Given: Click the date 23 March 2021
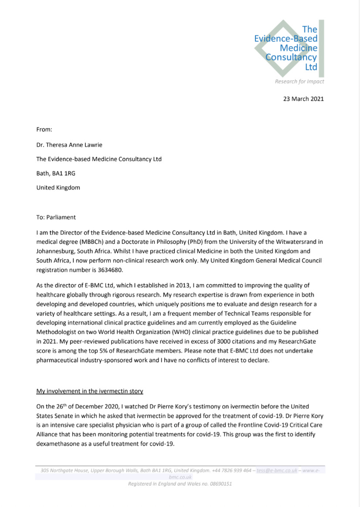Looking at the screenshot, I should click(303, 99).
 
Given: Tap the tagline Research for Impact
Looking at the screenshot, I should click(299, 81).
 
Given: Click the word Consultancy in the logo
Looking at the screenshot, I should click(291, 57).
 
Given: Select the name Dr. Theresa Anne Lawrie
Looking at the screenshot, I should click(79, 145).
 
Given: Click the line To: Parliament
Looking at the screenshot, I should click(56, 217).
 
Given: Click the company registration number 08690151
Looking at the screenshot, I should click(219, 483).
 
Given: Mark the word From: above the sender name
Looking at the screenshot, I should click(44, 129).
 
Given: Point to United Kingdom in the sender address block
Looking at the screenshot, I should click(58, 188).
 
